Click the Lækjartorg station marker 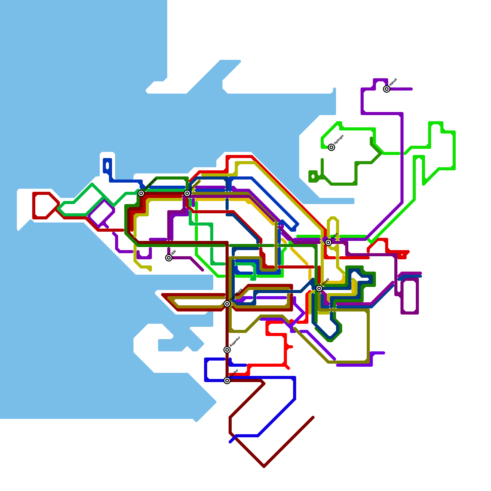point(141,193)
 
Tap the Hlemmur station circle point(187,193)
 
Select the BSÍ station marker point(169,258)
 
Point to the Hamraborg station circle point(227,304)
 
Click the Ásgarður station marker point(227,350)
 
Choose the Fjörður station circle point(227,381)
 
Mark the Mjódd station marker point(319,288)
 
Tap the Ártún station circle point(328,242)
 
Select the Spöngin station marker point(331,147)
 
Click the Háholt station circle point(387,89)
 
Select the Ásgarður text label point(235,342)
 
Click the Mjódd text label point(326,282)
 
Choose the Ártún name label point(334,236)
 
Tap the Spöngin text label point(339,140)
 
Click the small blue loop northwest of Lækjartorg point(107,166)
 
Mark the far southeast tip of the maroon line point(313,417)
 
